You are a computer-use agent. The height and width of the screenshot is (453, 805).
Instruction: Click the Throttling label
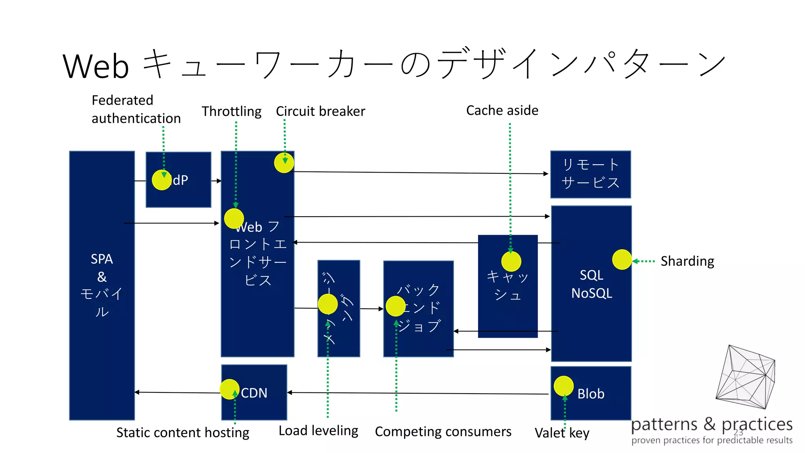[232, 112]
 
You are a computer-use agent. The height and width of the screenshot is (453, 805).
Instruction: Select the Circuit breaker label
[320, 111]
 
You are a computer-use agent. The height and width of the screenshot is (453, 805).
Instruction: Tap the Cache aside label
[502, 110]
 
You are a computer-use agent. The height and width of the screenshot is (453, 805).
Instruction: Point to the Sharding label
[687, 261]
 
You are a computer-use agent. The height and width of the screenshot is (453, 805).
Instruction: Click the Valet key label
[562, 433]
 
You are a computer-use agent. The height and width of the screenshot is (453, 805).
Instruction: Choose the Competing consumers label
[443, 432]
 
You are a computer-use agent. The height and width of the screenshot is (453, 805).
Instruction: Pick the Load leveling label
[318, 431]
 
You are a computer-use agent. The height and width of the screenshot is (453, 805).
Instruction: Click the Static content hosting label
[183, 433]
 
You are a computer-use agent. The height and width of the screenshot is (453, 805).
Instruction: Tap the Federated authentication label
[136, 109]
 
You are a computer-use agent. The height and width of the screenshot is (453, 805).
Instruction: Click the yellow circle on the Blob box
[563, 386]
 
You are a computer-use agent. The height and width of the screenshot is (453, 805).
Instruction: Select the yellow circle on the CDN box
[229, 389]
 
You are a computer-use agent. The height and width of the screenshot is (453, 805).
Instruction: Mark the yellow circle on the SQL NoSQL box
[622, 260]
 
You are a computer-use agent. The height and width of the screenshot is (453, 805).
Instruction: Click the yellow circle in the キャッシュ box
[511, 261]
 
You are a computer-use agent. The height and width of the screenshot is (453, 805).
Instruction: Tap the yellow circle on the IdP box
[162, 180]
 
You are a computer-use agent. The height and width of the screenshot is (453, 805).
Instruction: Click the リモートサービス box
[590, 174]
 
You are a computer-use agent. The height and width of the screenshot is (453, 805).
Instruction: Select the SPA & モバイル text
[102, 285]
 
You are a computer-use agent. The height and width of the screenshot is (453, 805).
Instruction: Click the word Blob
[591, 394]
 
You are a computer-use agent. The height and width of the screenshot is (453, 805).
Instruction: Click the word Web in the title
[96, 66]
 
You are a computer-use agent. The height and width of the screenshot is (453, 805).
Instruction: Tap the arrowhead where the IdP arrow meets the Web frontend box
[219, 181]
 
